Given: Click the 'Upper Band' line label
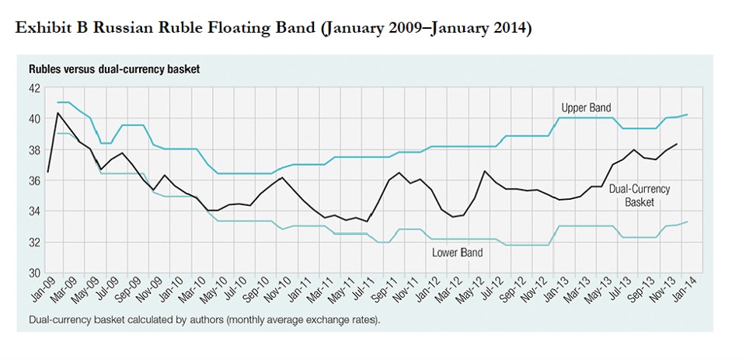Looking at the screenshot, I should pyautogui.click(x=586, y=108).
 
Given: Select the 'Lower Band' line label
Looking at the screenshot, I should pyautogui.click(x=457, y=253).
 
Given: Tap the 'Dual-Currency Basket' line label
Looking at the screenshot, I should pyautogui.click(x=639, y=195).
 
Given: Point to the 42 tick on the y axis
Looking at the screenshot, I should pyautogui.click(x=35, y=89).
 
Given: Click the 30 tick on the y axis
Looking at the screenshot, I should pyautogui.click(x=35, y=273).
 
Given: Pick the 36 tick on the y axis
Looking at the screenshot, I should pyautogui.click(x=35, y=180).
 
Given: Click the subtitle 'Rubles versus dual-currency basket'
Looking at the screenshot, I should pyautogui.click(x=114, y=69).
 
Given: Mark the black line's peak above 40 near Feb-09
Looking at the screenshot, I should pyautogui.click(x=58, y=113).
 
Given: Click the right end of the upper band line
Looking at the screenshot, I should pyautogui.click(x=687, y=115).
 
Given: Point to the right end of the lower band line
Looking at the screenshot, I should pyautogui.click(x=687, y=222).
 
